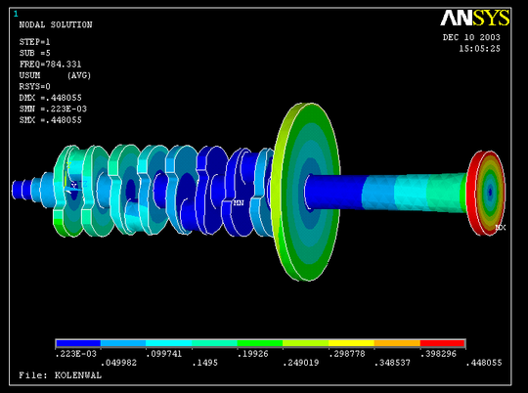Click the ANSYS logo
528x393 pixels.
[475, 18]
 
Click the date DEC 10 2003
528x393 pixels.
[471, 37]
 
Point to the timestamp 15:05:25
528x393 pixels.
[479, 49]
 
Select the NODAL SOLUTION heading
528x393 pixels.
[56, 24]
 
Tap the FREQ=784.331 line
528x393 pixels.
[50, 64]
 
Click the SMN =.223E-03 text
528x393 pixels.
[53, 109]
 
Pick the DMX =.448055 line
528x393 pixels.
[50, 98]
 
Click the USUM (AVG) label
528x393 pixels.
[55, 75]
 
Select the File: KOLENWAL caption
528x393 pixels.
[60, 375]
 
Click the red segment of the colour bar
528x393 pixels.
[443, 343]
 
